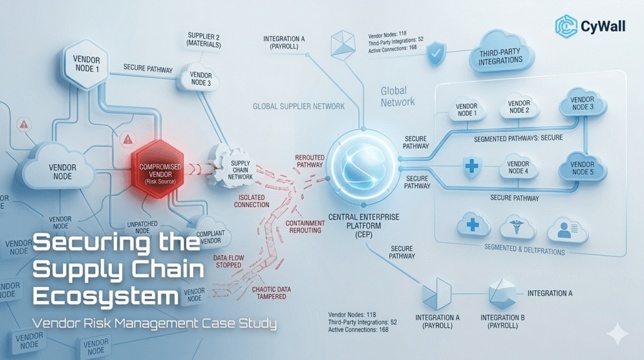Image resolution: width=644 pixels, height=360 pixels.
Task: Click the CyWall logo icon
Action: pos(566,26)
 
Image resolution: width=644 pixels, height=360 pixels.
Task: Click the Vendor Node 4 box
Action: pos(518,168)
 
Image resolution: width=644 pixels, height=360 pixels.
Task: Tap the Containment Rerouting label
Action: pos(304,227)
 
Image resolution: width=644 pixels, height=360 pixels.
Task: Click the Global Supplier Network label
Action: pos(298,106)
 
